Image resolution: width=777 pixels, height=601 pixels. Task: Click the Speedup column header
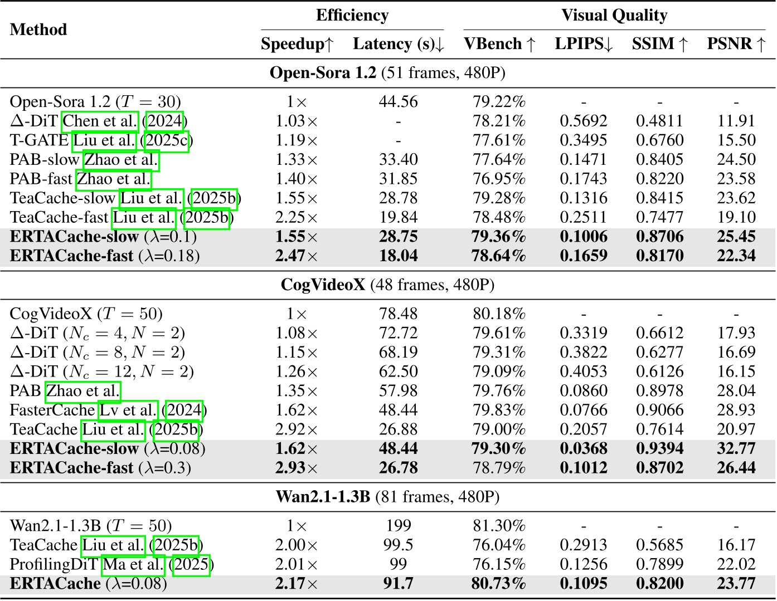click(x=297, y=44)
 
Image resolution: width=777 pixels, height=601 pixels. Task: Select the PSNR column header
click(x=736, y=44)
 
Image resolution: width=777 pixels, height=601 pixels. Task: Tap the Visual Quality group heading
click(x=614, y=16)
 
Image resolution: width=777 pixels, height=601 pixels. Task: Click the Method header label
click(x=38, y=30)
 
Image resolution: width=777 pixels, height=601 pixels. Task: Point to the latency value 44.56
click(x=398, y=102)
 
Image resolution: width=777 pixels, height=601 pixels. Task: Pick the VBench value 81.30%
click(x=499, y=526)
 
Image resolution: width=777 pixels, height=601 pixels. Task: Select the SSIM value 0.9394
click(x=659, y=448)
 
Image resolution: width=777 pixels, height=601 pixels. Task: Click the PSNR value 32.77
click(x=736, y=448)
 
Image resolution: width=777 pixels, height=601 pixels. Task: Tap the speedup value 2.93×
click(x=296, y=468)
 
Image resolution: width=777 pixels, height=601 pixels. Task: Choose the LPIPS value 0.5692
click(x=583, y=121)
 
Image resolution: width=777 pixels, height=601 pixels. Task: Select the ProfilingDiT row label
click(x=54, y=565)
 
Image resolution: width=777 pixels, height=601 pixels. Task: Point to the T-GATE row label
click(x=39, y=140)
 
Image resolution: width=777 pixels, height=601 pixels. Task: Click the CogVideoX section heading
click(x=387, y=285)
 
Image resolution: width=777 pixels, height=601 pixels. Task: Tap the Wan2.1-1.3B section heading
click(x=387, y=497)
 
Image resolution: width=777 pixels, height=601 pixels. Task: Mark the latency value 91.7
click(x=398, y=584)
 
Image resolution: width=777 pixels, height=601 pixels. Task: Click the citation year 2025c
click(x=167, y=140)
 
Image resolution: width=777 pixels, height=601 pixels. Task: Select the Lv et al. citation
click(x=128, y=411)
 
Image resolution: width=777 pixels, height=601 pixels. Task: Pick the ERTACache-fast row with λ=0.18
click(x=104, y=256)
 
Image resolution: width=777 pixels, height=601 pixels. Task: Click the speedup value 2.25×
click(x=296, y=218)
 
